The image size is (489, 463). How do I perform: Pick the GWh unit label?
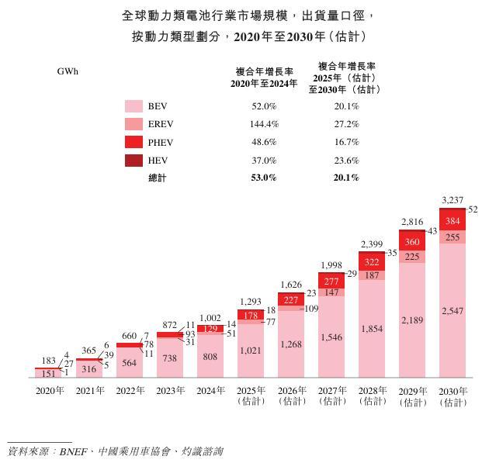click(68, 71)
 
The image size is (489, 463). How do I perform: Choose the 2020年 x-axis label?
click(50, 391)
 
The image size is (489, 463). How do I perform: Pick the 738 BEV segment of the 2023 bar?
click(170, 359)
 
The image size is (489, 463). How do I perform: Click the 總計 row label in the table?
click(157, 178)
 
